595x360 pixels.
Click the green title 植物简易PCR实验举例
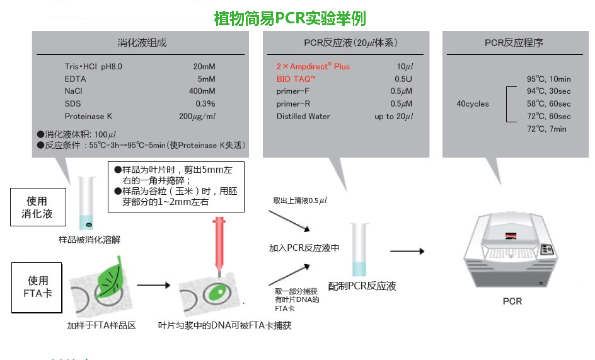pos(290,18)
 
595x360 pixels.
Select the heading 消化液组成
pos(142,44)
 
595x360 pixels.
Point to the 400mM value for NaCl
pos(202,91)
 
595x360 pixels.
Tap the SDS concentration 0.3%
pos(205,104)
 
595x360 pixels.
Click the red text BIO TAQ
pos(296,79)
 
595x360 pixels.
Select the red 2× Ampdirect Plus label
pos(313,66)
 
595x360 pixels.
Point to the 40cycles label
pos(473,103)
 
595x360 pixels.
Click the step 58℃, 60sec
pos(548,103)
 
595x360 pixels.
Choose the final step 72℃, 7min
pos(546,129)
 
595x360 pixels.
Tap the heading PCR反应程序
pos(513,44)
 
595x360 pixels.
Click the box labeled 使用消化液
pos(37,207)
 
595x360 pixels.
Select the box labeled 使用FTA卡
pos(37,287)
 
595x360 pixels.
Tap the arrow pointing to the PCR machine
pos(407,251)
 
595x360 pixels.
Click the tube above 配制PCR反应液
pos(359,250)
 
